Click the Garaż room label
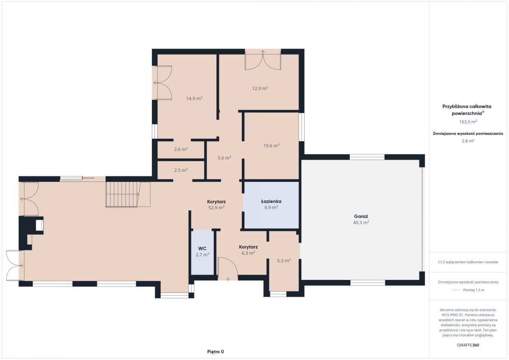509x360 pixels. [x=361, y=216]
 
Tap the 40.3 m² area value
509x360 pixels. [x=361, y=223]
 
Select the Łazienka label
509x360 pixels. [x=271, y=201]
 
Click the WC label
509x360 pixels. [x=202, y=248]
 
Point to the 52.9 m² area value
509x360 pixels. [x=216, y=208]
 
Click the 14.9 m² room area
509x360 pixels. [x=194, y=98]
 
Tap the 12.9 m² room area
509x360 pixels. [x=260, y=88]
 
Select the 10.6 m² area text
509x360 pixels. [x=271, y=145]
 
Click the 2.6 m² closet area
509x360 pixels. [x=181, y=149]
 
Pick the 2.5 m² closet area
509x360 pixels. [x=181, y=170]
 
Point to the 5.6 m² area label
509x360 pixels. [x=224, y=158]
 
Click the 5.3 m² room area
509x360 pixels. [x=284, y=261]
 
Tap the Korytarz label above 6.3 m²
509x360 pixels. [x=248, y=247]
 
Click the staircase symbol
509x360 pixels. [x=128, y=195]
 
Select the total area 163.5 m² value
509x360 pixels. [x=468, y=122]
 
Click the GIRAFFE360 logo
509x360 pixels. [x=468, y=345]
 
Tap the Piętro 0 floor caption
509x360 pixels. [x=215, y=352]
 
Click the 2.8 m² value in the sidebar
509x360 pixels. [x=468, y=141]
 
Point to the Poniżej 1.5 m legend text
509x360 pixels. [x=474, y=290]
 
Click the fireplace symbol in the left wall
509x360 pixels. [x=39, y=226]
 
